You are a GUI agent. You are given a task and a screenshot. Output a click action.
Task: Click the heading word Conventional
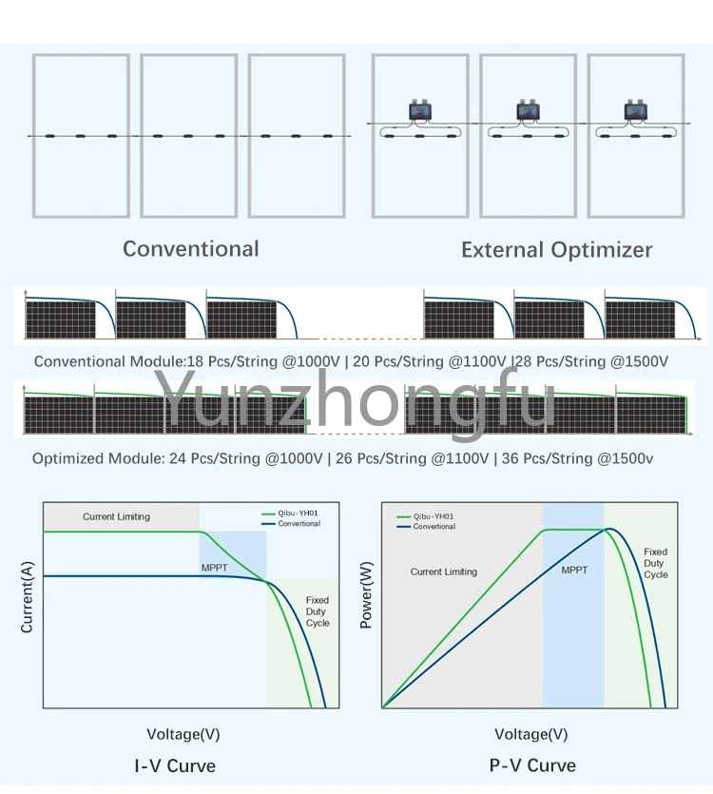(190, 249)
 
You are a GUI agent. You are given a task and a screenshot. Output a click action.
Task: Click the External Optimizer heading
(556, 250)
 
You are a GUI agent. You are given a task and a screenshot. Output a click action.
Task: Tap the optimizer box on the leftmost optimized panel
(419, 111)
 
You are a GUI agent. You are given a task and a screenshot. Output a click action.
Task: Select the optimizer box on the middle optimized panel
(528, 111)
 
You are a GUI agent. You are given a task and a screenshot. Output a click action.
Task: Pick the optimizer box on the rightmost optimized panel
(635, 111)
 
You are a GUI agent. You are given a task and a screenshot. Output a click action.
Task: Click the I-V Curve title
(175, 765)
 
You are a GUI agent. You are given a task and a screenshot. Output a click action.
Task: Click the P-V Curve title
(532, 765)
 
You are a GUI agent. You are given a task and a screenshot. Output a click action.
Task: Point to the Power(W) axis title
(366, 595)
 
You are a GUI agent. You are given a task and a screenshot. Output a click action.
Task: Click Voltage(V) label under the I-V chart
(183, 734)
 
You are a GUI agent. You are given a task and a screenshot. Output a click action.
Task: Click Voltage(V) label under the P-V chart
(531, 734)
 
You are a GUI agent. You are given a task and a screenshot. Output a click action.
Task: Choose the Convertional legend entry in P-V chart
(434, 526)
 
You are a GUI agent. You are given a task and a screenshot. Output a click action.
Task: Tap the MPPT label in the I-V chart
(214, 568)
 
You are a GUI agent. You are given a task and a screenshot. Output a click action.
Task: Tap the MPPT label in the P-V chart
(574, 571)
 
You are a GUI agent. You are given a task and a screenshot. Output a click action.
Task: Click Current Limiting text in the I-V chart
(116, 517)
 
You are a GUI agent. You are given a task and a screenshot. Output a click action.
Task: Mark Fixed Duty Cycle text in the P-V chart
(655, 563)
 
